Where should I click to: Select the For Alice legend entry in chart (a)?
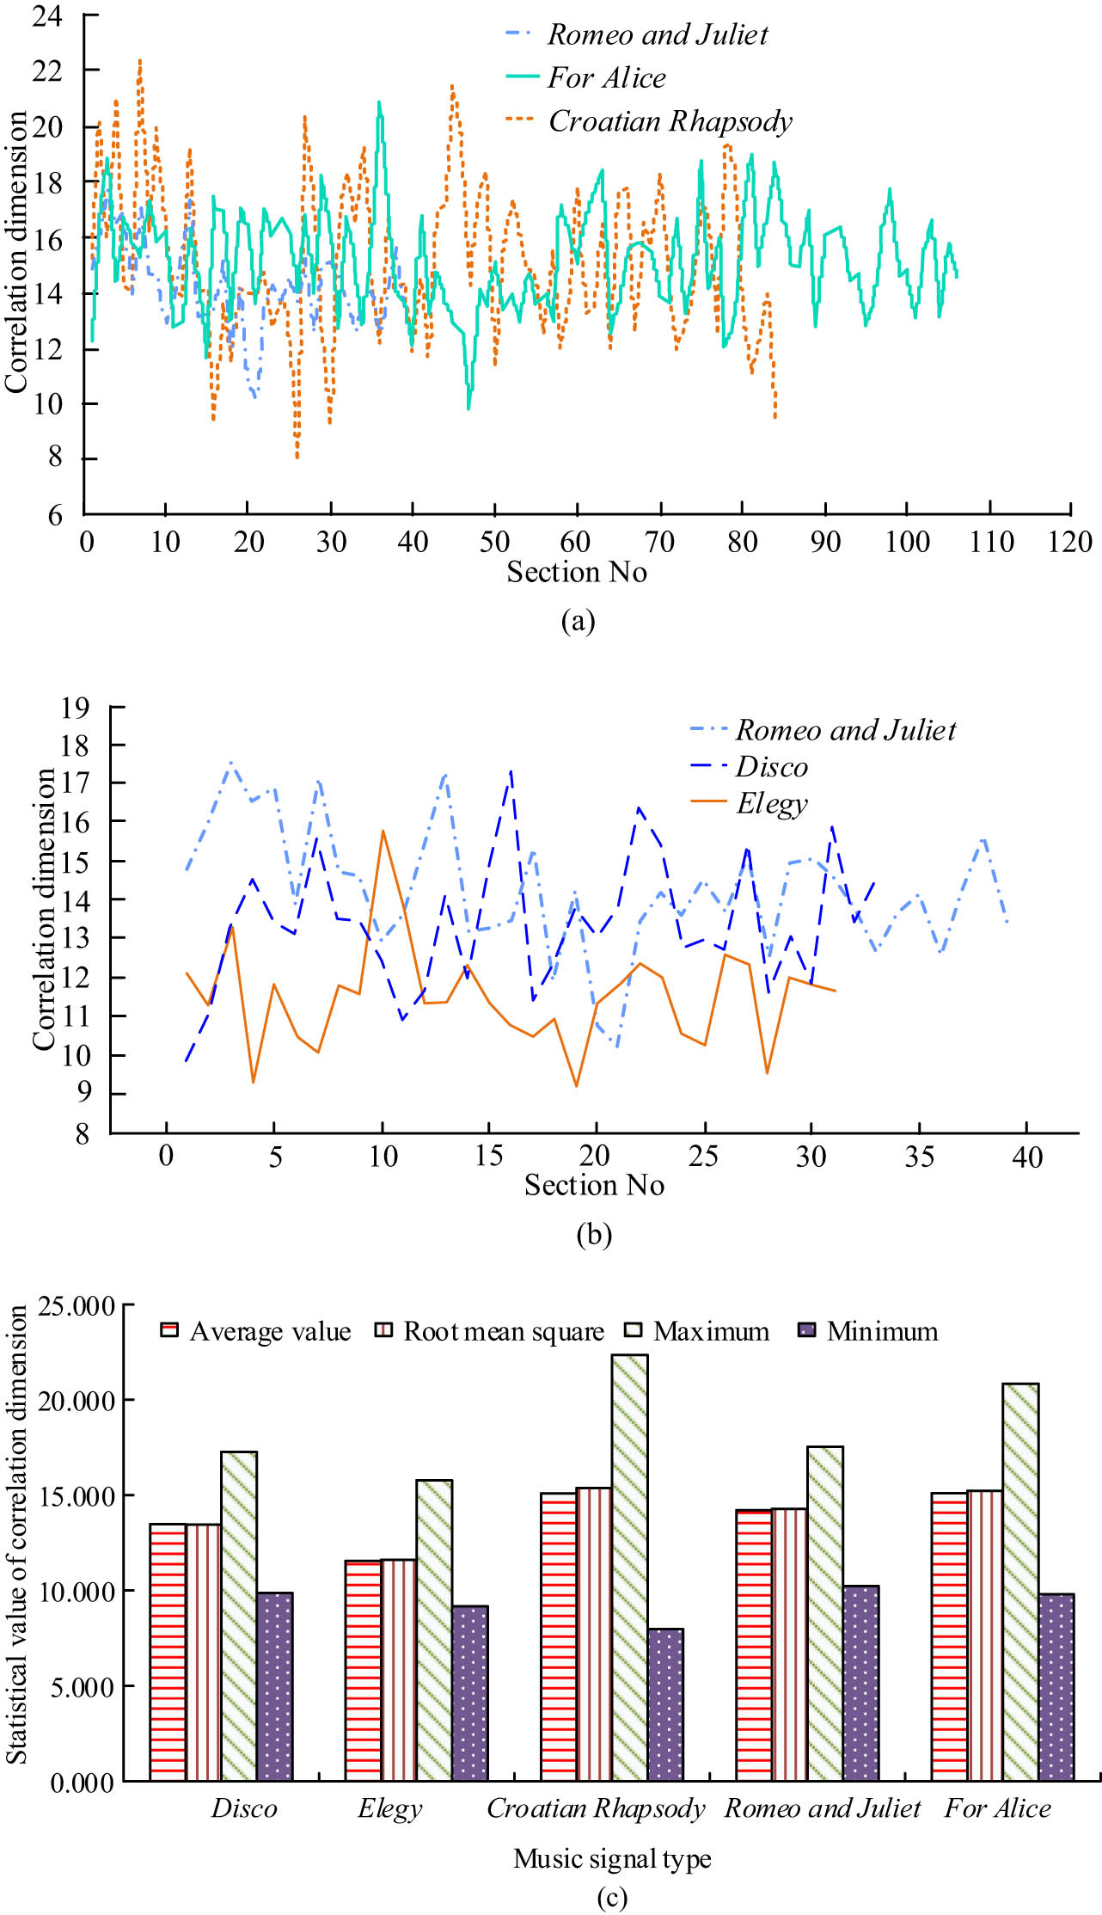pos(606,78)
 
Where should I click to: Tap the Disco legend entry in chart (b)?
pos(771,767)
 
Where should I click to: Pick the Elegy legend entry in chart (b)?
pos(771,804)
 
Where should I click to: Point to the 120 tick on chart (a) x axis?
pos(1069,543)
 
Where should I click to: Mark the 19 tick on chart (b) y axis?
pos(75,708)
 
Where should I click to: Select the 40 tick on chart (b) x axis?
pos(1027,1157)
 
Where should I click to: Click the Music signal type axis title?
pos(612,1859)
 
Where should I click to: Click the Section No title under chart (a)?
pos(576,573)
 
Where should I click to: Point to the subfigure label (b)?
pos(594,1235)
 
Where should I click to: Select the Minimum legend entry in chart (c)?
pos(881,1332)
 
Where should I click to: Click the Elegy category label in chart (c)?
pos(389,1809)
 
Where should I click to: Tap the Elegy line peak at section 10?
pos(383,831)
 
